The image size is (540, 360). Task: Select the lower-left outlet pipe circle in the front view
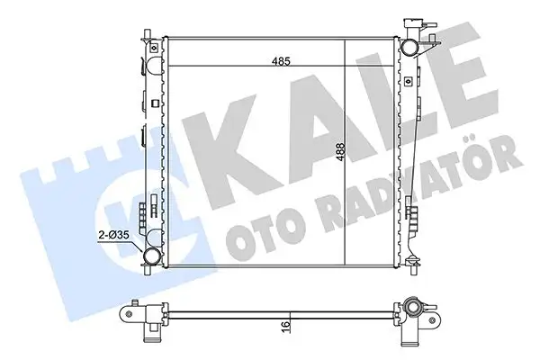154,257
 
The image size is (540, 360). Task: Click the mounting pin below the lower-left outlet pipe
154,279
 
